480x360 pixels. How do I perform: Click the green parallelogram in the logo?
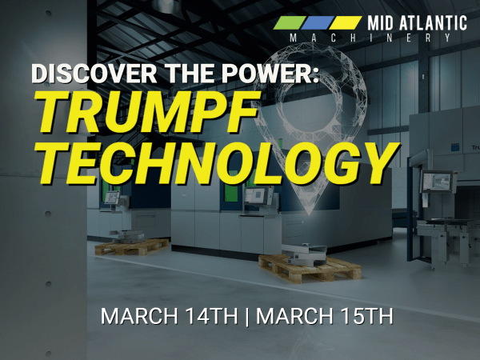click(290, 22)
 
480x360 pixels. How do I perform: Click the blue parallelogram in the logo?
click(317, 22)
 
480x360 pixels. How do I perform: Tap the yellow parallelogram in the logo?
click(345, 22)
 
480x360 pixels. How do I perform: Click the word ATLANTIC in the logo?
click(433, 23)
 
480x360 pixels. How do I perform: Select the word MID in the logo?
click(381, 23)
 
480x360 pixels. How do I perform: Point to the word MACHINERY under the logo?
click(370, 38)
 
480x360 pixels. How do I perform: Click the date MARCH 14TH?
click(170, 316)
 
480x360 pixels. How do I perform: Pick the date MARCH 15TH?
click(325, 316)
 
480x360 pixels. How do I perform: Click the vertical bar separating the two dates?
click(247, 317)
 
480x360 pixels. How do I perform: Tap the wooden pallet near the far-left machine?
click(132, 246)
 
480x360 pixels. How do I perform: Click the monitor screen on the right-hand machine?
click(437, 182)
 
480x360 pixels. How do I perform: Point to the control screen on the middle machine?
click(254, 196)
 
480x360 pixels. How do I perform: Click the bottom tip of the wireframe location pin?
click(309, 214)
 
